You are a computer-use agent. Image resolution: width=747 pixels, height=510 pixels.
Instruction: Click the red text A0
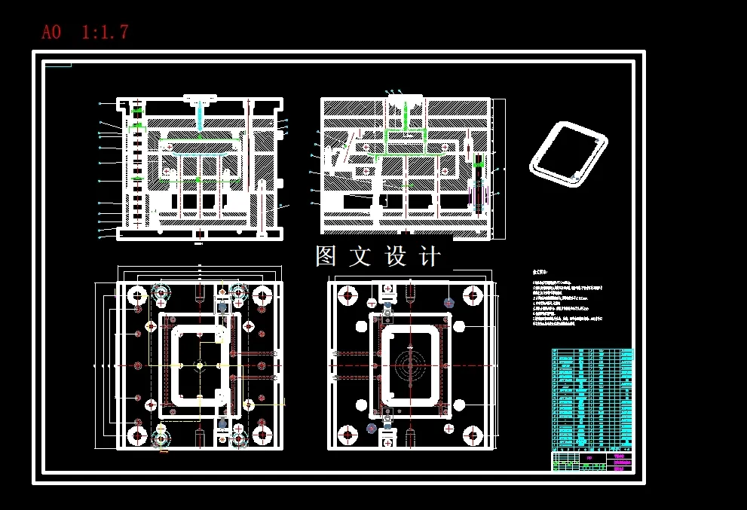[51, 32]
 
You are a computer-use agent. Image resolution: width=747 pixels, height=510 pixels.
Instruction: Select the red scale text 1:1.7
[105, 32]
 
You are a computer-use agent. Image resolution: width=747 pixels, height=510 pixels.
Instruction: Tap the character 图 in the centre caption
[326, 257]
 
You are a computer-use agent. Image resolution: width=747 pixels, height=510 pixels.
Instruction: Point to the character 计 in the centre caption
[430, 257]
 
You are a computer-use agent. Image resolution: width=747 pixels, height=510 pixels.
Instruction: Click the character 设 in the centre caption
[396, 257]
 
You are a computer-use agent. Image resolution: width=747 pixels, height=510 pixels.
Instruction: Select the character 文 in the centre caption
[360, 257]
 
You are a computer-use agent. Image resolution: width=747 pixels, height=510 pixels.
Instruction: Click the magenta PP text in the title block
[589, 457]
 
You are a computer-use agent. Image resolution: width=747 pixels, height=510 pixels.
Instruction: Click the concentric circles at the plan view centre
[411, 366]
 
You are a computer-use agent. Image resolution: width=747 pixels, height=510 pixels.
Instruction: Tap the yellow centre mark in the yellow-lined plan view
[199, 366]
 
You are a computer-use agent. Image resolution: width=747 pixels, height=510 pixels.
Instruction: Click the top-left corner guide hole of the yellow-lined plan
[137, 295]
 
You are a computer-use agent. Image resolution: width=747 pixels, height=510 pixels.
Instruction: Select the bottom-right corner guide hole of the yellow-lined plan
[262, 435]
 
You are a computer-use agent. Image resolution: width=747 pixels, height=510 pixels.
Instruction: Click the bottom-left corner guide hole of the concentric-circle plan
[347, 435]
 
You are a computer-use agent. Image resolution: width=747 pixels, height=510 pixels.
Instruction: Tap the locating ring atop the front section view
[200, 98]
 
